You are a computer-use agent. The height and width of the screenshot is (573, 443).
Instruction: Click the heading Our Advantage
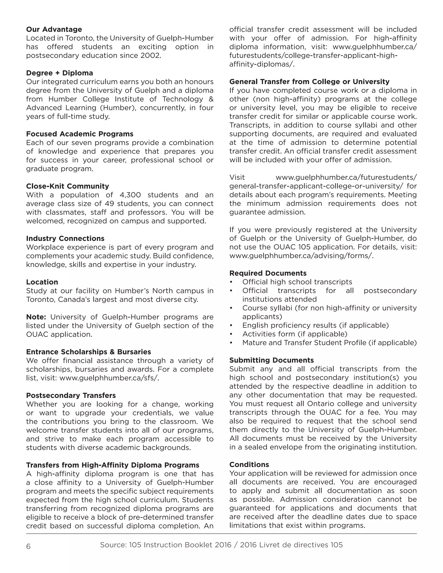[54, 29]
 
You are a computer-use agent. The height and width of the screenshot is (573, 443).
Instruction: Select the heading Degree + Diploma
[59, 73]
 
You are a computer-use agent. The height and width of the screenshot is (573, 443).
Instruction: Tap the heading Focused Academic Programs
[80, 134]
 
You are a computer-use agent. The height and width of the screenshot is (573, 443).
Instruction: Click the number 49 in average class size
[109, 204]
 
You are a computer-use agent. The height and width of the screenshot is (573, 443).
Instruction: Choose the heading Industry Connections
[65, 238]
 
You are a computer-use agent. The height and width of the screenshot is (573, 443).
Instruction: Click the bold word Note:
[36, 317]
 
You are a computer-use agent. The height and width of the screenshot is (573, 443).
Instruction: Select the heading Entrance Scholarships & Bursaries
[88, 352]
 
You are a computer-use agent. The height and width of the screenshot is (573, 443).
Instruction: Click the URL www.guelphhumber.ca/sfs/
[109, 378]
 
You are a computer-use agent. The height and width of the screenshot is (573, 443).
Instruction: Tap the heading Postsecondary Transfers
[71, 395]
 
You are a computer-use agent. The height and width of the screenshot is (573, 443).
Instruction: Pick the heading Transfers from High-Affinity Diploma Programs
[112, 465]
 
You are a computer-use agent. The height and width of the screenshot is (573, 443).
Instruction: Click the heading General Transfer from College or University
[309, 82]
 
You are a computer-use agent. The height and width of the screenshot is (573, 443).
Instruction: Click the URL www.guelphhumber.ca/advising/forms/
[301, 256]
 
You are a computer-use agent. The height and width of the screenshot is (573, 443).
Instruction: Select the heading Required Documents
[268, 273]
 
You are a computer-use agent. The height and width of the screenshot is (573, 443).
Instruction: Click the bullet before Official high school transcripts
[231, 282]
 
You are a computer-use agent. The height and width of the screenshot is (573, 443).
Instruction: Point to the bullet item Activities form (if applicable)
[294, 334]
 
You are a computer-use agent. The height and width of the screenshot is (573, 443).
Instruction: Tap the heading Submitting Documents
[271, 360]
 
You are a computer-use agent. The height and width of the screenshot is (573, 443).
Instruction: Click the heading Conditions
[249, 465]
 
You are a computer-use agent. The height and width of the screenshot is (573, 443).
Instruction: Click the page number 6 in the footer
[28, 546]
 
